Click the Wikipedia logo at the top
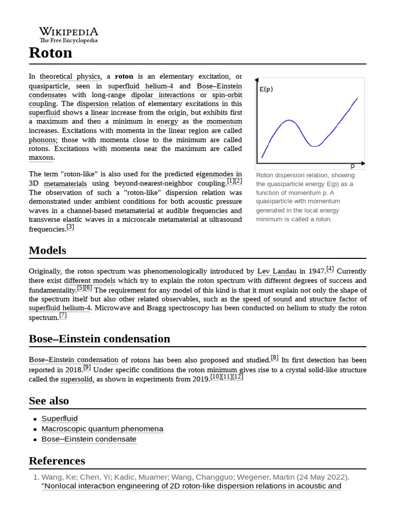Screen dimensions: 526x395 [x=68, y=34]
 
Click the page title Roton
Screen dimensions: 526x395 [x=50, y=53]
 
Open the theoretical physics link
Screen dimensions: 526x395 [x=70, y=77]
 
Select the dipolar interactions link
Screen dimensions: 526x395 [x=163, y=95]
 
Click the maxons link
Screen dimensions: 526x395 [x=41, y=158]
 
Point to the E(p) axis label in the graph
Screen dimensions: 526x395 [x=266, y=89]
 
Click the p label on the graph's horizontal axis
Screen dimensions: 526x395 [x=353, y=165]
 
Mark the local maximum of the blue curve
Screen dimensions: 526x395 [x=290, y=120]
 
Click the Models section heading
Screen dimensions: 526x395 [x=47, y=250]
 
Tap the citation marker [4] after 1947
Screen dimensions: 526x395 [x=330, y=269]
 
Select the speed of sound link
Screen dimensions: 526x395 [x=267, y=299]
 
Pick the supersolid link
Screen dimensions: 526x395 [x=77, y=379]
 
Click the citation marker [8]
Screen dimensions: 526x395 [x=275, y=358]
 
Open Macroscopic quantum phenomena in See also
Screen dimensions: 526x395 [x=102, y=429]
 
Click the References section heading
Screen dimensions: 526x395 [x=57, y=460]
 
